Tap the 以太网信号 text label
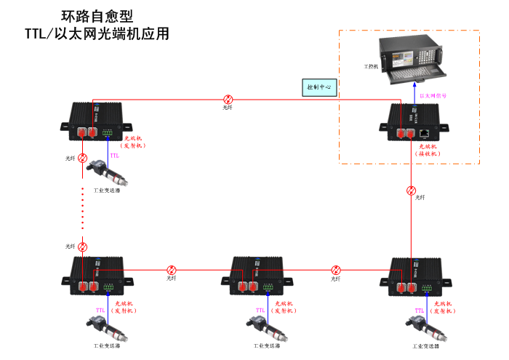[x=435, y=95]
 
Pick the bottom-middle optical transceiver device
[x=260, y=276]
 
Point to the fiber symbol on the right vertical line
[x=412, y=191]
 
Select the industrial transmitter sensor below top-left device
[x=107, y=173]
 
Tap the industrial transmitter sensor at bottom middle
[x=267, y=327]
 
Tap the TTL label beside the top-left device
[x=114, y=156]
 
